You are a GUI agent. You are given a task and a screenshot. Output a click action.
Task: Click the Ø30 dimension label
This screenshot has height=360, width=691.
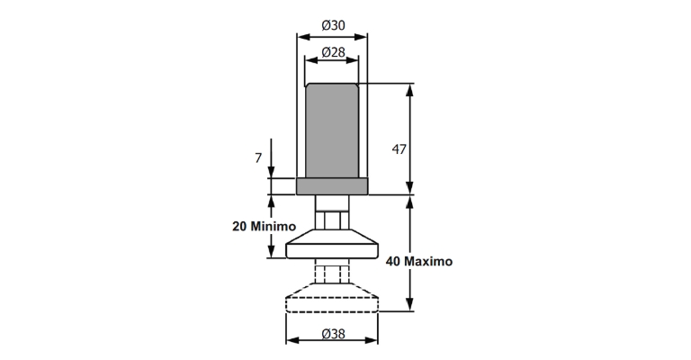click(x=333, y=25)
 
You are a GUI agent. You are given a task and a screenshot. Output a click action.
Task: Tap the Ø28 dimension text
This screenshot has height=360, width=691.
click(x=333, y=52)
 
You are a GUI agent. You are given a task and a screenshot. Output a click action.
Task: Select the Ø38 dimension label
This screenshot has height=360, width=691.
click(x=333, y=334)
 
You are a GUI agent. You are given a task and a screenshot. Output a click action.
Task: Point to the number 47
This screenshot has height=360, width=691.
click(x=399, y=149)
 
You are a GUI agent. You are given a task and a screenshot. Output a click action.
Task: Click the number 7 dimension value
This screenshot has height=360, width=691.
click(x=258, y=157)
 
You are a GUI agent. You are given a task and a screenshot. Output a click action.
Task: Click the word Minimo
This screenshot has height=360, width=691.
click(x=274, y=227)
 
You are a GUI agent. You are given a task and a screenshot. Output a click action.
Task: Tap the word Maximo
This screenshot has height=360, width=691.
click(x=428, y=261)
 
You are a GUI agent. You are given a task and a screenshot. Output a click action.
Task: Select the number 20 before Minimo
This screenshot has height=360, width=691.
click(x=239, y=227)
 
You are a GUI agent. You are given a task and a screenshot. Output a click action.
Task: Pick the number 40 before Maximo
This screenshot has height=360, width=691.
click(x=393, y=261)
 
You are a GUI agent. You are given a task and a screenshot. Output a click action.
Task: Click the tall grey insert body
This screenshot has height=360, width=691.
click(x=332, y=130)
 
